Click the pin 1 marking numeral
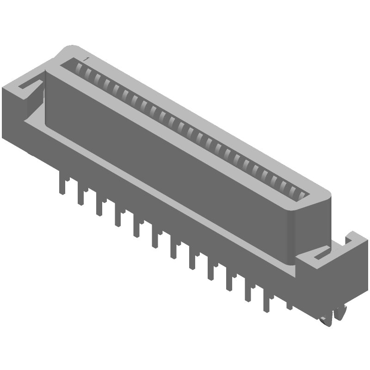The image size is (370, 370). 86,59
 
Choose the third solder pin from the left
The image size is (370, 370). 99,207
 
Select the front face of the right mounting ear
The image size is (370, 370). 324,287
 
